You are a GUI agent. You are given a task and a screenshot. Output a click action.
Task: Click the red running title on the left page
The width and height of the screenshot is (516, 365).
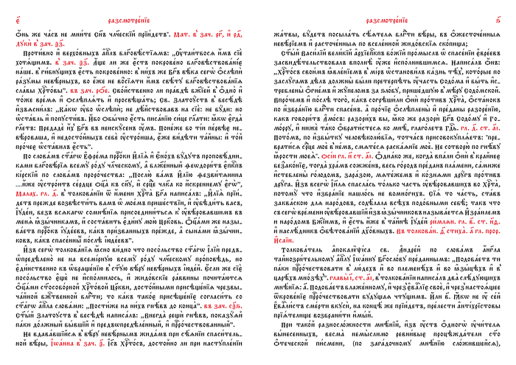[130, 7]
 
